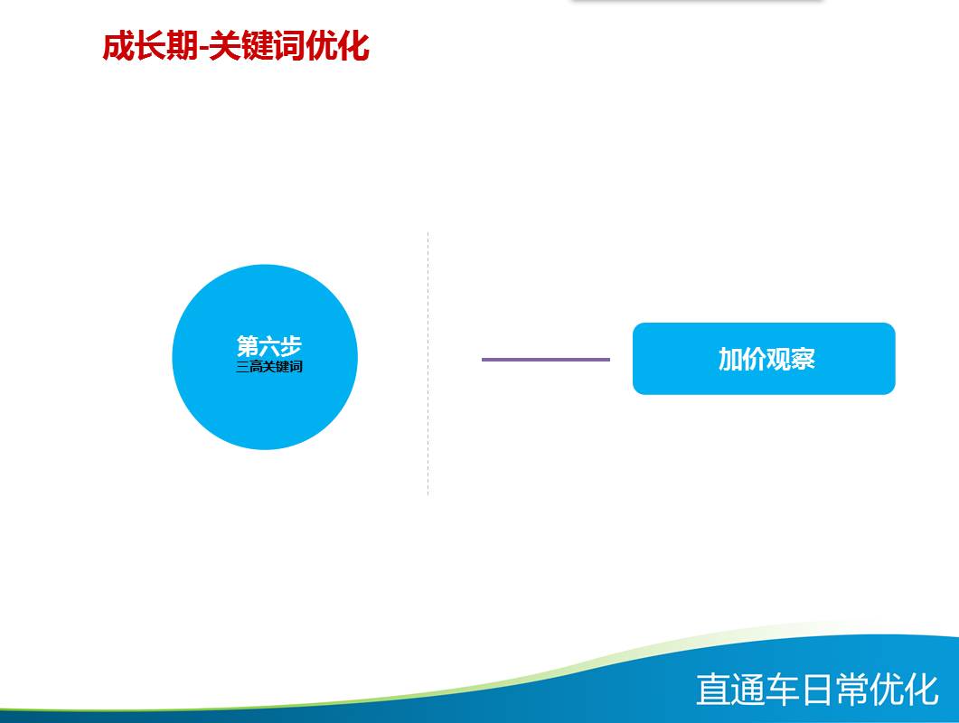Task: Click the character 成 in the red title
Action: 118,46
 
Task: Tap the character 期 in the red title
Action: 183,46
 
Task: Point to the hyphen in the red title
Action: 203,48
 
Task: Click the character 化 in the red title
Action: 353,46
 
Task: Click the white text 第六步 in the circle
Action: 269,346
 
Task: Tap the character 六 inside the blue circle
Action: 269,346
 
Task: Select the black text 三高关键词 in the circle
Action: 269,367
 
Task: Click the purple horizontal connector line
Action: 546,360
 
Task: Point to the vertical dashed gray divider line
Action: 428,363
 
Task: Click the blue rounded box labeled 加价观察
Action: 764,359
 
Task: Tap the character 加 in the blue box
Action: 730,359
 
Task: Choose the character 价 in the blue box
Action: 754,359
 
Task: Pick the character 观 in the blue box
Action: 778,359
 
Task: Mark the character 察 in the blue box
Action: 803,359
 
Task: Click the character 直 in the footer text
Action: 714,690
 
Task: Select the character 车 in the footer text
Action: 783,690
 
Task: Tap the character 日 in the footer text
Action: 818,690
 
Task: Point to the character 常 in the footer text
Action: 852,690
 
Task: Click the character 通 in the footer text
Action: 748,690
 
